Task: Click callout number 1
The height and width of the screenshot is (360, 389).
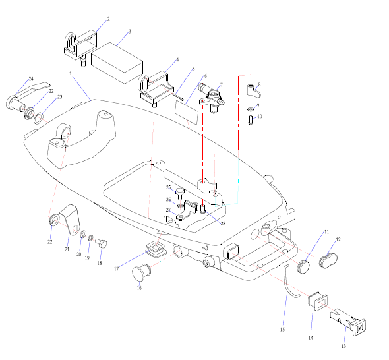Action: (x=71, y=73)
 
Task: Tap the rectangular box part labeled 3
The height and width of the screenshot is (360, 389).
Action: (x=117, y=63)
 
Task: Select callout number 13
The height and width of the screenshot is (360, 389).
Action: (x=344, y=346)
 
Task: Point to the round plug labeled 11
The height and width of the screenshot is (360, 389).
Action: (x=303, y=266)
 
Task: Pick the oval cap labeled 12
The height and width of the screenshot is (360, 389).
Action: (x=328, y=260)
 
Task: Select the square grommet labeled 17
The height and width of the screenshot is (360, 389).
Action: (x=156, y=249)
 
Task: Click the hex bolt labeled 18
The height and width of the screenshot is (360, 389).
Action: (x=101, y=243)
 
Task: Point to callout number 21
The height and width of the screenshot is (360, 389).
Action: (x=67, y=249)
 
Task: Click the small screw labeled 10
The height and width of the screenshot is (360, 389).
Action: (x=251, y=121)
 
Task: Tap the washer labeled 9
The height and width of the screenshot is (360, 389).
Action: (x=251, y=109)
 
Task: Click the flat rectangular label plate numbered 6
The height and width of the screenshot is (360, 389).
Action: (x=187, y=112)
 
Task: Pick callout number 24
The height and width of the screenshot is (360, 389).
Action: (x=31, y=79)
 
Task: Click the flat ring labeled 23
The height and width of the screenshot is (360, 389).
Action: (x=38, y=118)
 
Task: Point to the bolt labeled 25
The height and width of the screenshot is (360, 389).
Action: (x=179, y=194)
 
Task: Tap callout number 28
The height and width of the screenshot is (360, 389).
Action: (x=223, y=224)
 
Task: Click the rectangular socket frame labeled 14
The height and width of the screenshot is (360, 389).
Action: (x=318, y=301)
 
